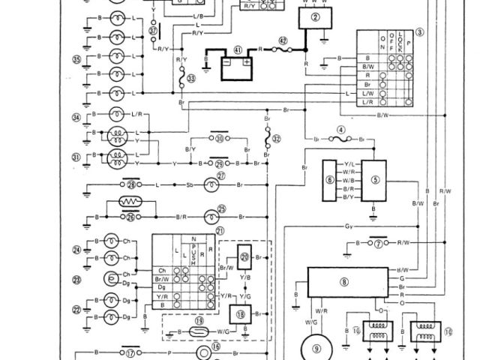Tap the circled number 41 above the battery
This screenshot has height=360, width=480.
click(x=236, y=49)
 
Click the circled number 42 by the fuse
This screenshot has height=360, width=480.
click(x=283, y=41)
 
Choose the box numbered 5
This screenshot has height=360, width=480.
click(x=376, y=181)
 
